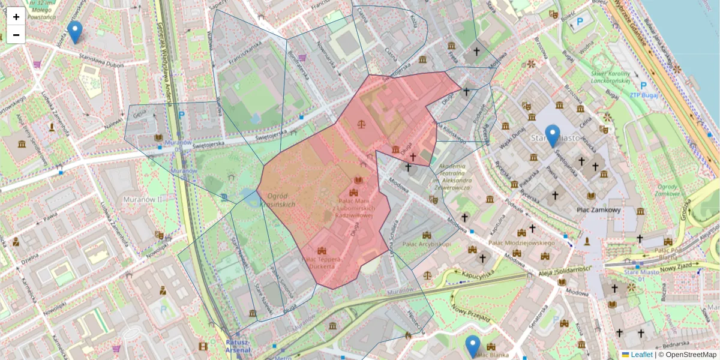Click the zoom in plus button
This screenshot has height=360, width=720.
click(x=16, y=17)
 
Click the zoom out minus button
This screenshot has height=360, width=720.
click(x=16, y=35)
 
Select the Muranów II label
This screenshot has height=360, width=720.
click(x=143, y=199)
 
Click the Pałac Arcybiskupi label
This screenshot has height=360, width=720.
click(x=427, y=244)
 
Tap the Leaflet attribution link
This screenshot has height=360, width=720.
click(x=641, y=355)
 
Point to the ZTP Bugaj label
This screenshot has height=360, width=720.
click(x=644, y=95)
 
